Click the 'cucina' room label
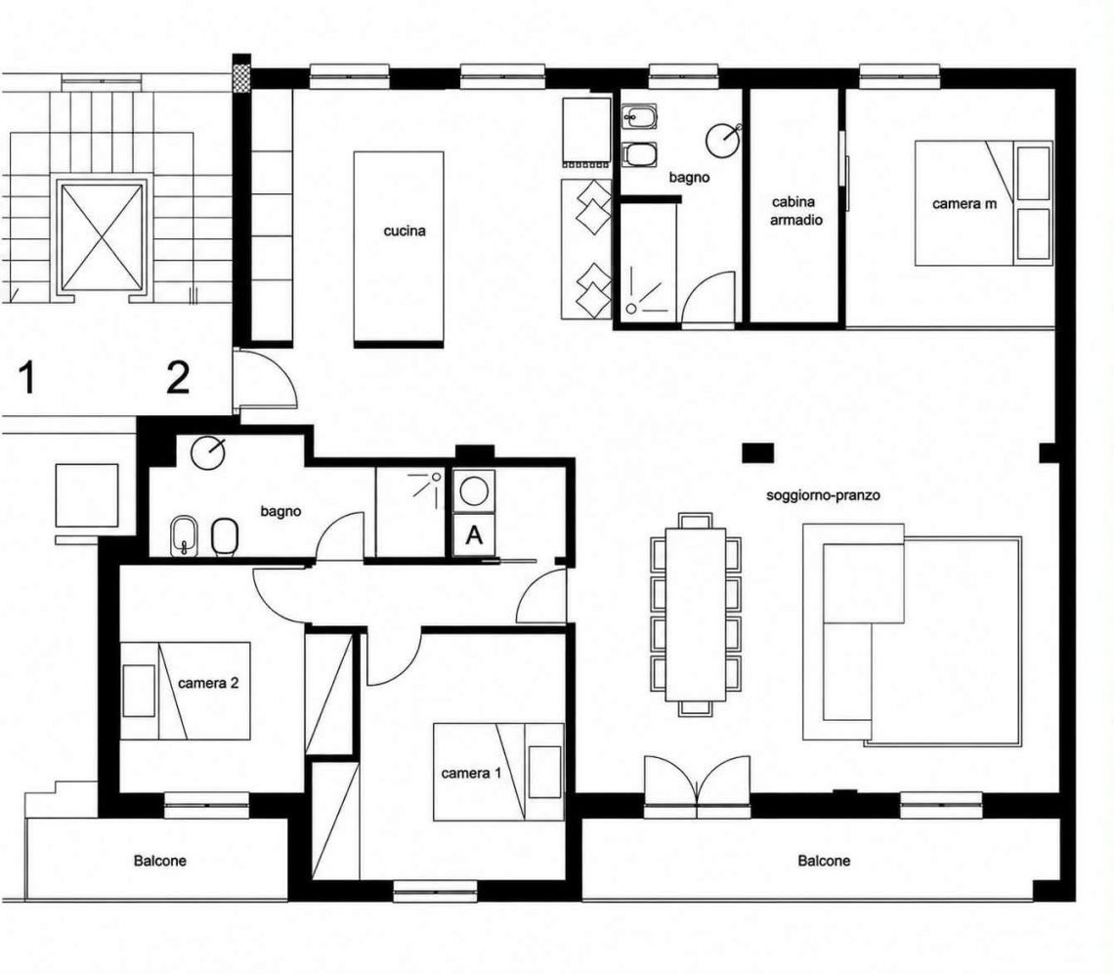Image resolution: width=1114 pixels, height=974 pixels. (x=405, y=231)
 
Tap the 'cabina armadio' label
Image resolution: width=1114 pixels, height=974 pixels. (x=795, y=211)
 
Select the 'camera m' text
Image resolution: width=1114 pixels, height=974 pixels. (x=964, y=204)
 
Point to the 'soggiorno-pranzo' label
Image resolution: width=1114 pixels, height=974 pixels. (x=823, y=495)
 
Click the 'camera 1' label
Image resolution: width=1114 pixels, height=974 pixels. (x=471, y=773)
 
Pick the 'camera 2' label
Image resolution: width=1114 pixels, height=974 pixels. (x=208, y=684)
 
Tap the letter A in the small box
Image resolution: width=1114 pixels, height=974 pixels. (x=474, y=534)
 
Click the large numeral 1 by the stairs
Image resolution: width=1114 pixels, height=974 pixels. (x=27, y=377)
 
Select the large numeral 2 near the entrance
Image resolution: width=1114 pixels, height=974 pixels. (x=178, y=377)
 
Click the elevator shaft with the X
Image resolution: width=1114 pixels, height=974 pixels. (x=102, y=236)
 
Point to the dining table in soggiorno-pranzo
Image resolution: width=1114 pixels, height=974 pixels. (x=696, y=614)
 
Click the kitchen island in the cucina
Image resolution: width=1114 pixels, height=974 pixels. (x=399, y=249)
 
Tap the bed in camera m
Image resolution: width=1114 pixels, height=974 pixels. (x=983, y=203)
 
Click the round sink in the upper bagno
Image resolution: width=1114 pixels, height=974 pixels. (x=722, y=140)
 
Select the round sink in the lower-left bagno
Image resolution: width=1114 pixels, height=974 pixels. (x=208, y=452)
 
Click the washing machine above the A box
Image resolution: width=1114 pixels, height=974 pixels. (x=474, y=490)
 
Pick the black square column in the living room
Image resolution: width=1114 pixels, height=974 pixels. (x=758, y=452)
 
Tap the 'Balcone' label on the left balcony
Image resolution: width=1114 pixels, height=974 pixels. (x=160, y=861)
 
